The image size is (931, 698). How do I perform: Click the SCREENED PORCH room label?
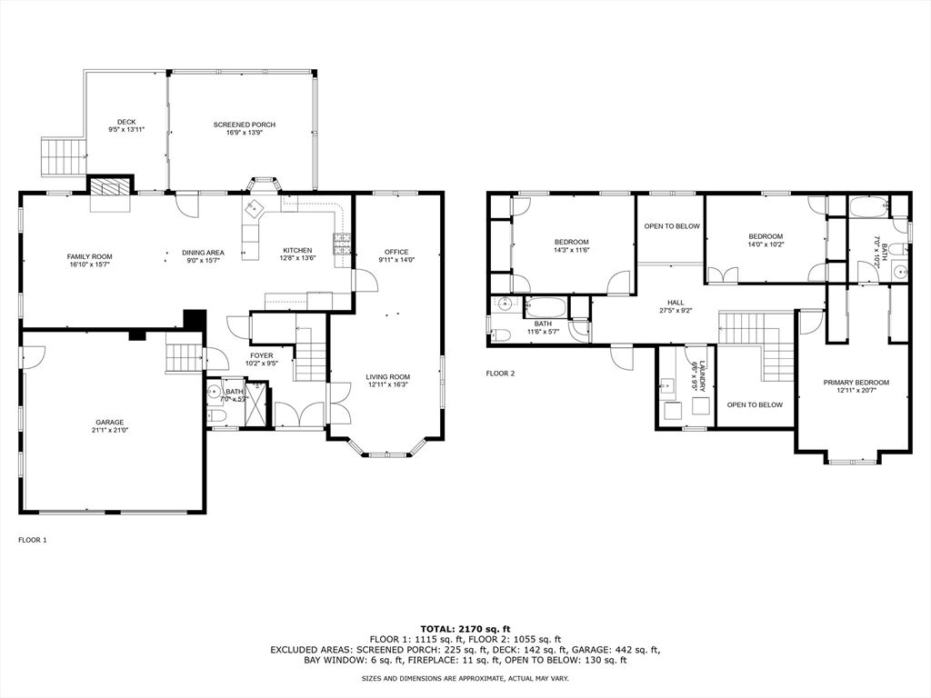(244, 125)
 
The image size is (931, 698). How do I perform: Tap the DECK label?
(126, 121)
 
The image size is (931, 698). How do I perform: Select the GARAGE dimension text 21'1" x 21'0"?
(110, 432)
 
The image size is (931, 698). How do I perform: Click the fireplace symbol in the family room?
(109, 187)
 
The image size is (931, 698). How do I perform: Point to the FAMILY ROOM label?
(89, 256)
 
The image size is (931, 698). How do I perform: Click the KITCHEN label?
(297, 251)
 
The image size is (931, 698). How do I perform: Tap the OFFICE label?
(396, 252)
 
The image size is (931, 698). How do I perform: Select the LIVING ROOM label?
(387, 376)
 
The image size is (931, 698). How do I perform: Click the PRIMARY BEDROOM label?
(856, 383)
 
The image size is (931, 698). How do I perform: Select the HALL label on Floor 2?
(676, 303)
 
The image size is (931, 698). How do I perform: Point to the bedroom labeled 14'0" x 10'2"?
(766, 240)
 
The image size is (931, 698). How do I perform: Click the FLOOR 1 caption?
(33, 540)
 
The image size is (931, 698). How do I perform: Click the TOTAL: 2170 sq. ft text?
(465, 628)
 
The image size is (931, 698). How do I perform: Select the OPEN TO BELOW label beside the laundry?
(755, 404)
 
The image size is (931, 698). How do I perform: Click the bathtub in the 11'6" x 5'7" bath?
(545, 307)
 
